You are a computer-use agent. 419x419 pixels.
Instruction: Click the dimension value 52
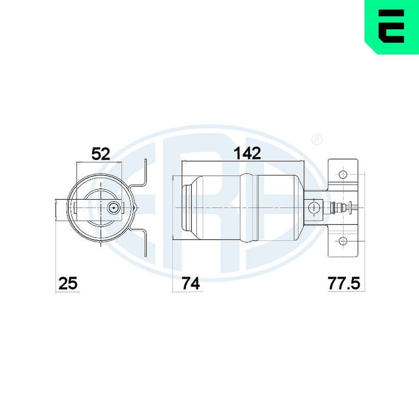(x=101, y=153)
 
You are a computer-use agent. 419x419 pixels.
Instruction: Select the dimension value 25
(x=67, y=284)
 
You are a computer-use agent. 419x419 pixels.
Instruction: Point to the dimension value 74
(x=191, y=284)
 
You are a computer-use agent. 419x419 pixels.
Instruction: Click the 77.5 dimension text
(x=343, y=284)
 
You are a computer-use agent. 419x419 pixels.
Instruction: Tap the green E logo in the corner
(x=392, y=27)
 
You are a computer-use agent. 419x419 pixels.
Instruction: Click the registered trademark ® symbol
(x=317, y=139)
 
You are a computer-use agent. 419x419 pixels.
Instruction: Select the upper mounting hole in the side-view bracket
(x=343, y=174)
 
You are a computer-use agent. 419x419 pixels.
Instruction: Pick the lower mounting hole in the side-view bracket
(x=343, y=241)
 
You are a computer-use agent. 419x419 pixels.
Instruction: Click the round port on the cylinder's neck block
(x=313, y=207)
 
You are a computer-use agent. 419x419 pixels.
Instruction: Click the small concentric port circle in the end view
(x=113, y=207)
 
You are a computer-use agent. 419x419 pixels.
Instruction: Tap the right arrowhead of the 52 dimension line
(x=120, y=162)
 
